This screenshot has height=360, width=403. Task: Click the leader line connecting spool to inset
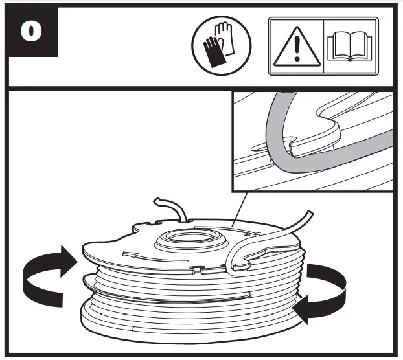click(238, 208)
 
